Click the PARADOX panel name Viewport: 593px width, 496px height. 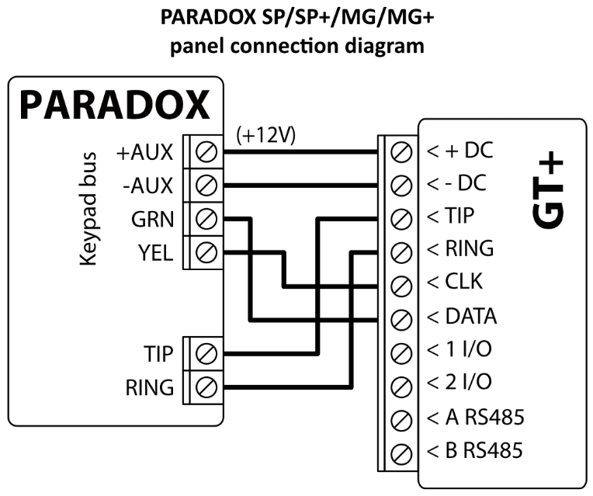116,104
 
